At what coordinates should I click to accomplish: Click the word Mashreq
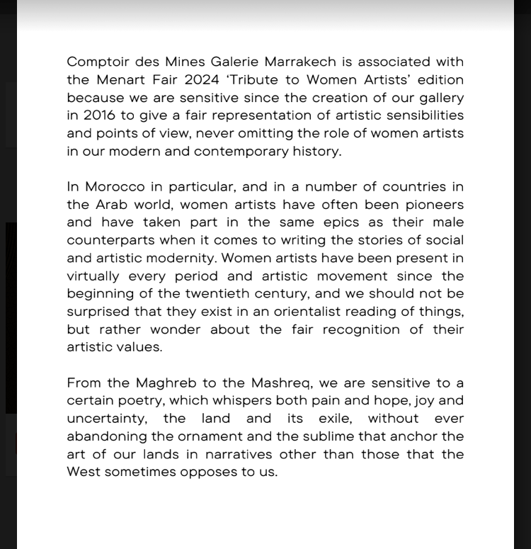(276, 383)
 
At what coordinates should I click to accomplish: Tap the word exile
(332, 419)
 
